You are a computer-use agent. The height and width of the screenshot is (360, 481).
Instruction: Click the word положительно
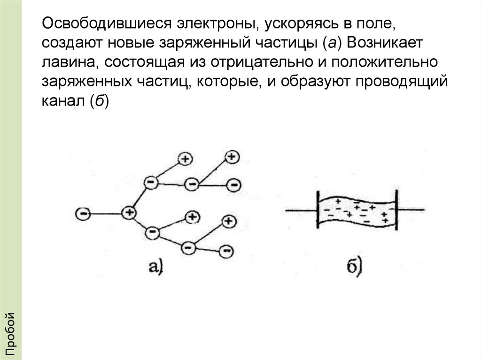coord(387,62)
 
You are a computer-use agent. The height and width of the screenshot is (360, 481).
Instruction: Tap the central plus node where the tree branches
coord(128,213)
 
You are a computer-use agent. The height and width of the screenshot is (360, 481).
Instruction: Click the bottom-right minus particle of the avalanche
coord(226,251)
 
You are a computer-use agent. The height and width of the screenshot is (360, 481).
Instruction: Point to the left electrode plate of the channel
coord(318,210)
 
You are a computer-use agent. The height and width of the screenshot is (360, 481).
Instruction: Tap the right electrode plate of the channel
coord(397,210)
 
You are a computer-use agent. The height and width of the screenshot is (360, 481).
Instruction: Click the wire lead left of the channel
coord(301,210)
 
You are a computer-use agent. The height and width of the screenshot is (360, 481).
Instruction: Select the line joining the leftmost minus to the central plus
coord(106,214)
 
